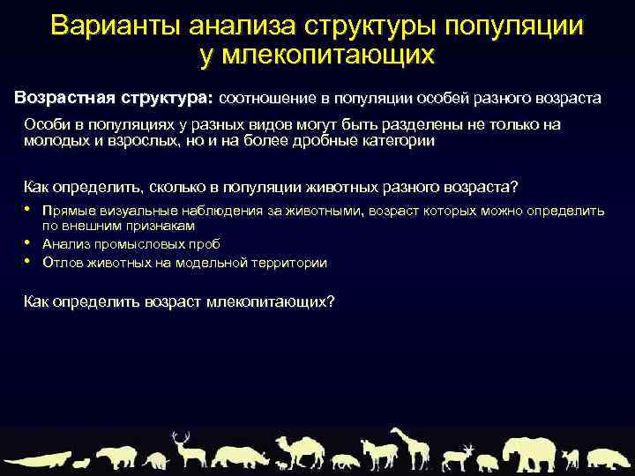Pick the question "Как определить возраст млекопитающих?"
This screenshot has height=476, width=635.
tap(178, 301)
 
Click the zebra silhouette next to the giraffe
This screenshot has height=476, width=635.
tap(378, 455)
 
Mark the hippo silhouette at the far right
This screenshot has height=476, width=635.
tap(608, 458)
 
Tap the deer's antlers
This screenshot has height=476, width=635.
tap(181, 436)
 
